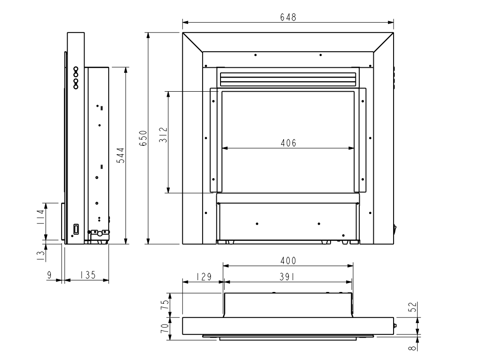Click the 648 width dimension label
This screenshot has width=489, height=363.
pyautogui.click(x=288, y=17)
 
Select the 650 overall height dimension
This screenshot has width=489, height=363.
pyautogui.click(x=143, y=138)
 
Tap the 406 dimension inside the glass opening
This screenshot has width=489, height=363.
pyautogui.click(x=289, y=143)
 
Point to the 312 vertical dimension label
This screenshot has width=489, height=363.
pyautogui.click(x=164, y=135)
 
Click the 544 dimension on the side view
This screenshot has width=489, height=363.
pyautogui.click(x=120, y=155)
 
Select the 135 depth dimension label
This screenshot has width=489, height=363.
pyautogui.click(x=87, y=275)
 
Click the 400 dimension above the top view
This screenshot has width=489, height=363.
pyautogui.click(x=288, y=260)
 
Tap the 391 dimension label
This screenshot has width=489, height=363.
pyautogui.click(x=287, y=277)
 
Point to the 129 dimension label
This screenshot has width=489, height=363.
pyautogui.click(x=204, y=277)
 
